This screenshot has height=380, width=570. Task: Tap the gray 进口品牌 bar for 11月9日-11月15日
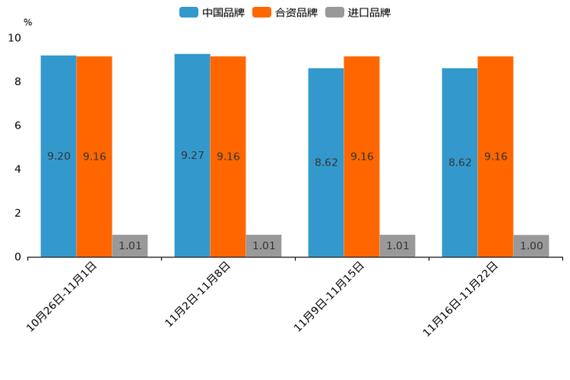(x=397, y=246)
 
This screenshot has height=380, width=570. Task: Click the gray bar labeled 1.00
(x=531, y=246)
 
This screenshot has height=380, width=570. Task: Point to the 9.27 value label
(x=192, y=156)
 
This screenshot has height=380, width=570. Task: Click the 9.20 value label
(x=59, y=156)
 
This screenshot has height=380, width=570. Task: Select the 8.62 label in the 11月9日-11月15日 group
(x=326, y=162)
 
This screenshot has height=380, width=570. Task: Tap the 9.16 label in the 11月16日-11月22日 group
(x=496, y=156)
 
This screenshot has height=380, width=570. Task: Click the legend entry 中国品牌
(x=213, y=12)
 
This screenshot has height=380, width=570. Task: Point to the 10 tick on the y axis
(x=15, y=38)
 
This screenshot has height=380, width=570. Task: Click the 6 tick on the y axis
(x=18, y=126)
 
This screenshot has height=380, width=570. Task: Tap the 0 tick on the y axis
(x=18, y=257)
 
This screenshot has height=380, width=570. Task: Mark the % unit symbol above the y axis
(x=28, y=22)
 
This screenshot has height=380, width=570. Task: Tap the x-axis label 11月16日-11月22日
(x=462, y=297)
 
